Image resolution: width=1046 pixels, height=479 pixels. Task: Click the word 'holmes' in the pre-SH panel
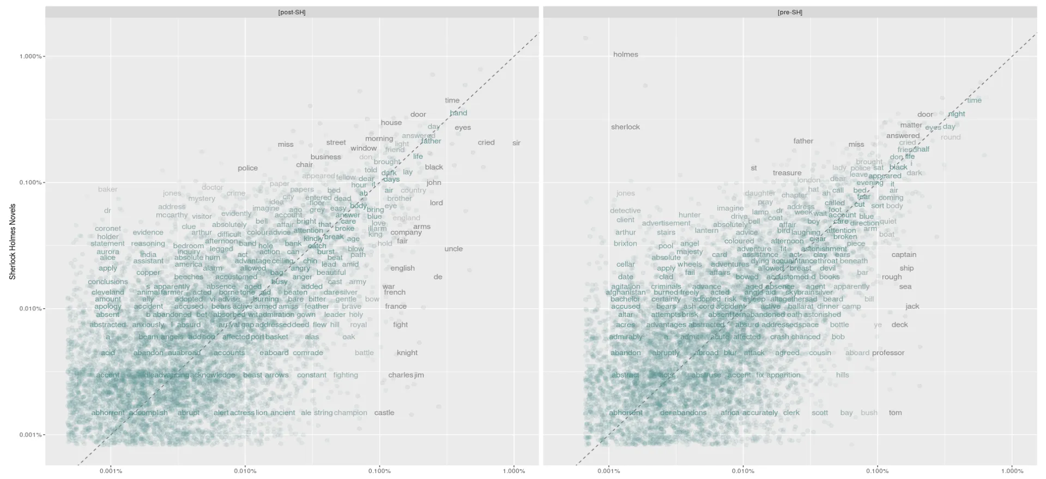[625, 55]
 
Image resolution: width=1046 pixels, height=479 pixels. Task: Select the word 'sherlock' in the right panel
[625, 127]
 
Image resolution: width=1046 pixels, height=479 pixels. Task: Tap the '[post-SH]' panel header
[292, 12]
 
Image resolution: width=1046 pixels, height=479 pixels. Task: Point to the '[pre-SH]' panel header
[790, 12]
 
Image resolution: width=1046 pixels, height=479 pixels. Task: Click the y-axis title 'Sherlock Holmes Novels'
[13, 242]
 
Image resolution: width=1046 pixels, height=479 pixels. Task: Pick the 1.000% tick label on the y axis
[30, 56]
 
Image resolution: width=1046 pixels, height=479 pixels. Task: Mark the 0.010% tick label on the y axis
[30, 309]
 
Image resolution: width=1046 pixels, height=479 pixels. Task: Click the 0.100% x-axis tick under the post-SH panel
[379, 471]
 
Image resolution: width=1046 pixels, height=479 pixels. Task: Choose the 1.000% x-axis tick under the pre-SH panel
[1012, 471]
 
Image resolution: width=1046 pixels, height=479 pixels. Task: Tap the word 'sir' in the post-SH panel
[516, 143]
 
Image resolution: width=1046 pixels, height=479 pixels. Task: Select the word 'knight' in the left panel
[407, 353]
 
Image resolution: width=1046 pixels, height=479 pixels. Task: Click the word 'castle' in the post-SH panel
[384, 413]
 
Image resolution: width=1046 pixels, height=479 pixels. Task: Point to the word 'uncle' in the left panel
[454, 249]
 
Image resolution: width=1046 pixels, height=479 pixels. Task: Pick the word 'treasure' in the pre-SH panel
[787, 173]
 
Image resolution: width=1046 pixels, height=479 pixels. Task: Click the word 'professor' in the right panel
[888, 353]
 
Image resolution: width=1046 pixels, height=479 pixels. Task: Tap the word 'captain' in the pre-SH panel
[904, 255]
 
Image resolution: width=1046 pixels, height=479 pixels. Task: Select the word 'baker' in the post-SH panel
[107, 189]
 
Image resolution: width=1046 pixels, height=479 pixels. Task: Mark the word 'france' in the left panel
[396, 307]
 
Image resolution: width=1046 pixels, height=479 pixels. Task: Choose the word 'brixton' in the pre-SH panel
[625, 244]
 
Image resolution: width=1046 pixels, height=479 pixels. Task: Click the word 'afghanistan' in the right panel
[625, 292]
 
